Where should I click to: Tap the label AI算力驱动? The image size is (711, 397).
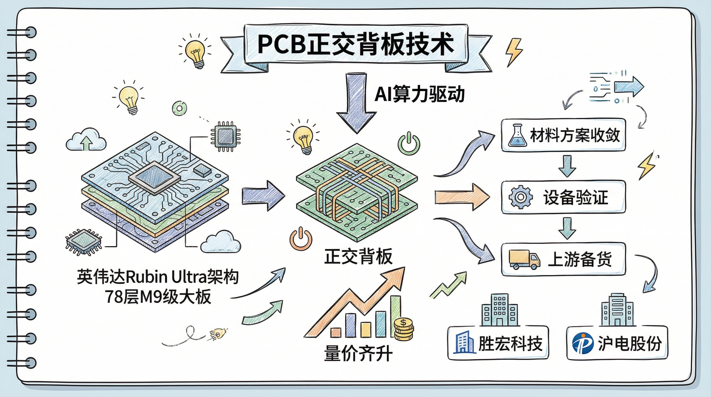[x=419, y=94]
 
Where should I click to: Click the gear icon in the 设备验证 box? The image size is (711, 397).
[x=521, y=197]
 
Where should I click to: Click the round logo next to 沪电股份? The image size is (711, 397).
[x=582, y=343]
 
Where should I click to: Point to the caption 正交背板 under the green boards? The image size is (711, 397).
[x=358, y=256]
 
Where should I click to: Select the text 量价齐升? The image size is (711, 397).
[x=358, y=354]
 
